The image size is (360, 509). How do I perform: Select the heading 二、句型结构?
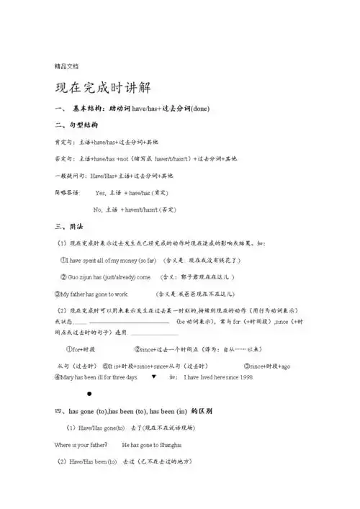[75, 125]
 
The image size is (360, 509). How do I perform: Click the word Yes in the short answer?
[100, 192]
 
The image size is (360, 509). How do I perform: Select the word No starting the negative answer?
[98, 209]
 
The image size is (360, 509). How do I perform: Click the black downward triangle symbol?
[153, 376]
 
